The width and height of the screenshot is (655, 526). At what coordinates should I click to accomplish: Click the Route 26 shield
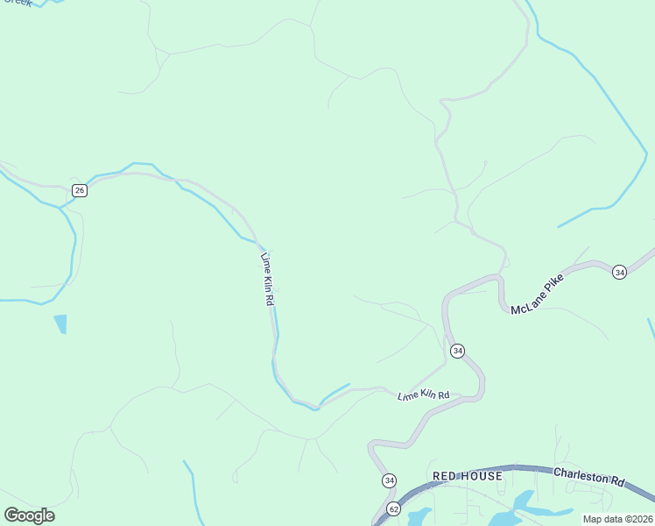tap(80, 190)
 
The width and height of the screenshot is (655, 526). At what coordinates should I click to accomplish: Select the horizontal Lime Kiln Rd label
tap(423, 396)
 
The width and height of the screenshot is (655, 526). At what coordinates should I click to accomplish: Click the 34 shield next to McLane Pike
tap(619, 272)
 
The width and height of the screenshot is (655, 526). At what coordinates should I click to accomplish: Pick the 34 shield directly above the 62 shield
tap(389, 480)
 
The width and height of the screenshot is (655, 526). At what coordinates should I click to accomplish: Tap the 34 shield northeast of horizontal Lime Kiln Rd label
tap(457, 351)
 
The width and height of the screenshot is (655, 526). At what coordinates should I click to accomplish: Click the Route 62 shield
tap(394, 509)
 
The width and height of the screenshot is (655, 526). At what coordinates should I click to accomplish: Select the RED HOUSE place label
tap(468, 476)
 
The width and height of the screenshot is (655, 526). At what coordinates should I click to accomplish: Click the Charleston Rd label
tap(589, 477)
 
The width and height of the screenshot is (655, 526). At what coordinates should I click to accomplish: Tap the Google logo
tap(29, 515)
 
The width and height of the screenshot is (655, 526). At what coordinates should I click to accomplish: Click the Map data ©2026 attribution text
tap(617, 519)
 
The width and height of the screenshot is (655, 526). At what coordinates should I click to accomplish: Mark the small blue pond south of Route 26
tap(60, 323)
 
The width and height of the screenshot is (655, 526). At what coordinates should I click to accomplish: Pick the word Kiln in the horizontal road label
tap(426, 396)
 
